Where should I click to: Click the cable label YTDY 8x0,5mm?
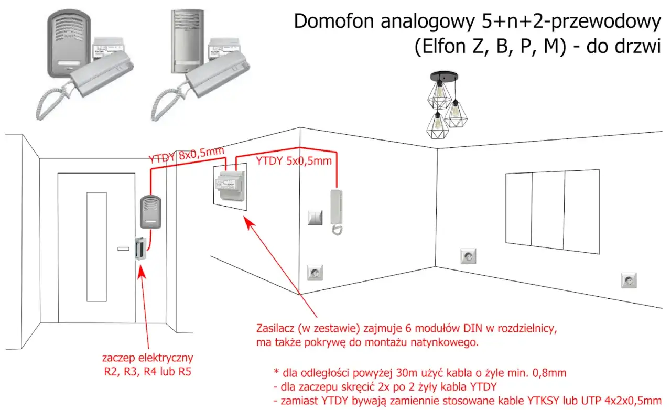186,155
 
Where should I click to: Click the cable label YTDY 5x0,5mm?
294,161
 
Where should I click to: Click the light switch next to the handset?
315,217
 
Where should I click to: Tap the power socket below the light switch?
315,273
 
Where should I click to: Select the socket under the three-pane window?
468,256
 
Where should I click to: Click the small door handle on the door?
124,248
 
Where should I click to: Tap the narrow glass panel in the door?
94,246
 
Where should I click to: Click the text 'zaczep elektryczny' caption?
148,359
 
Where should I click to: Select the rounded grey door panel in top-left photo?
69,42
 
